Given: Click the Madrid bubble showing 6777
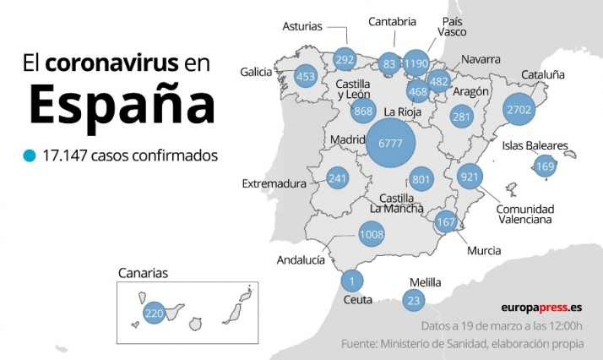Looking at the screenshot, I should coord(390,144).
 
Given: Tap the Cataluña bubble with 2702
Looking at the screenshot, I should coord(518,109).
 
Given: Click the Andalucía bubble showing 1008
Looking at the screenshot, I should coord(372,234).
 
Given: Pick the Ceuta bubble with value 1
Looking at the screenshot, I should coord(351,281).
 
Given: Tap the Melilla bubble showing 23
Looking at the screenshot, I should coord(413,299).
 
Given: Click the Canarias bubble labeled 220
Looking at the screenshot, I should coord(154,313).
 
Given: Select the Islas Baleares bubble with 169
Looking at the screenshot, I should coord(545,166).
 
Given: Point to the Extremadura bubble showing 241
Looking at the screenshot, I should coord(338,178).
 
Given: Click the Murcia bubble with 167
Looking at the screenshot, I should coord(446,222).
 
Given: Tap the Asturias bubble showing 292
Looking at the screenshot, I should coord(344,60).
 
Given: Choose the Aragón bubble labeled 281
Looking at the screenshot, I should coord(460,117).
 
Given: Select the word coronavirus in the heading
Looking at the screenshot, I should coord(111,63).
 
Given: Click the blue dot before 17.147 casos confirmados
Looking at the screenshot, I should coord(30,156).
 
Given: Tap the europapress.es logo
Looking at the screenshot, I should coord(541,308).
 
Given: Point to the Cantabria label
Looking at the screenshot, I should coord(392,22).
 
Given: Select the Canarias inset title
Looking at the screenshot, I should coord(143,273).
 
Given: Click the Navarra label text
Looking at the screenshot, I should coord(481,60).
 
